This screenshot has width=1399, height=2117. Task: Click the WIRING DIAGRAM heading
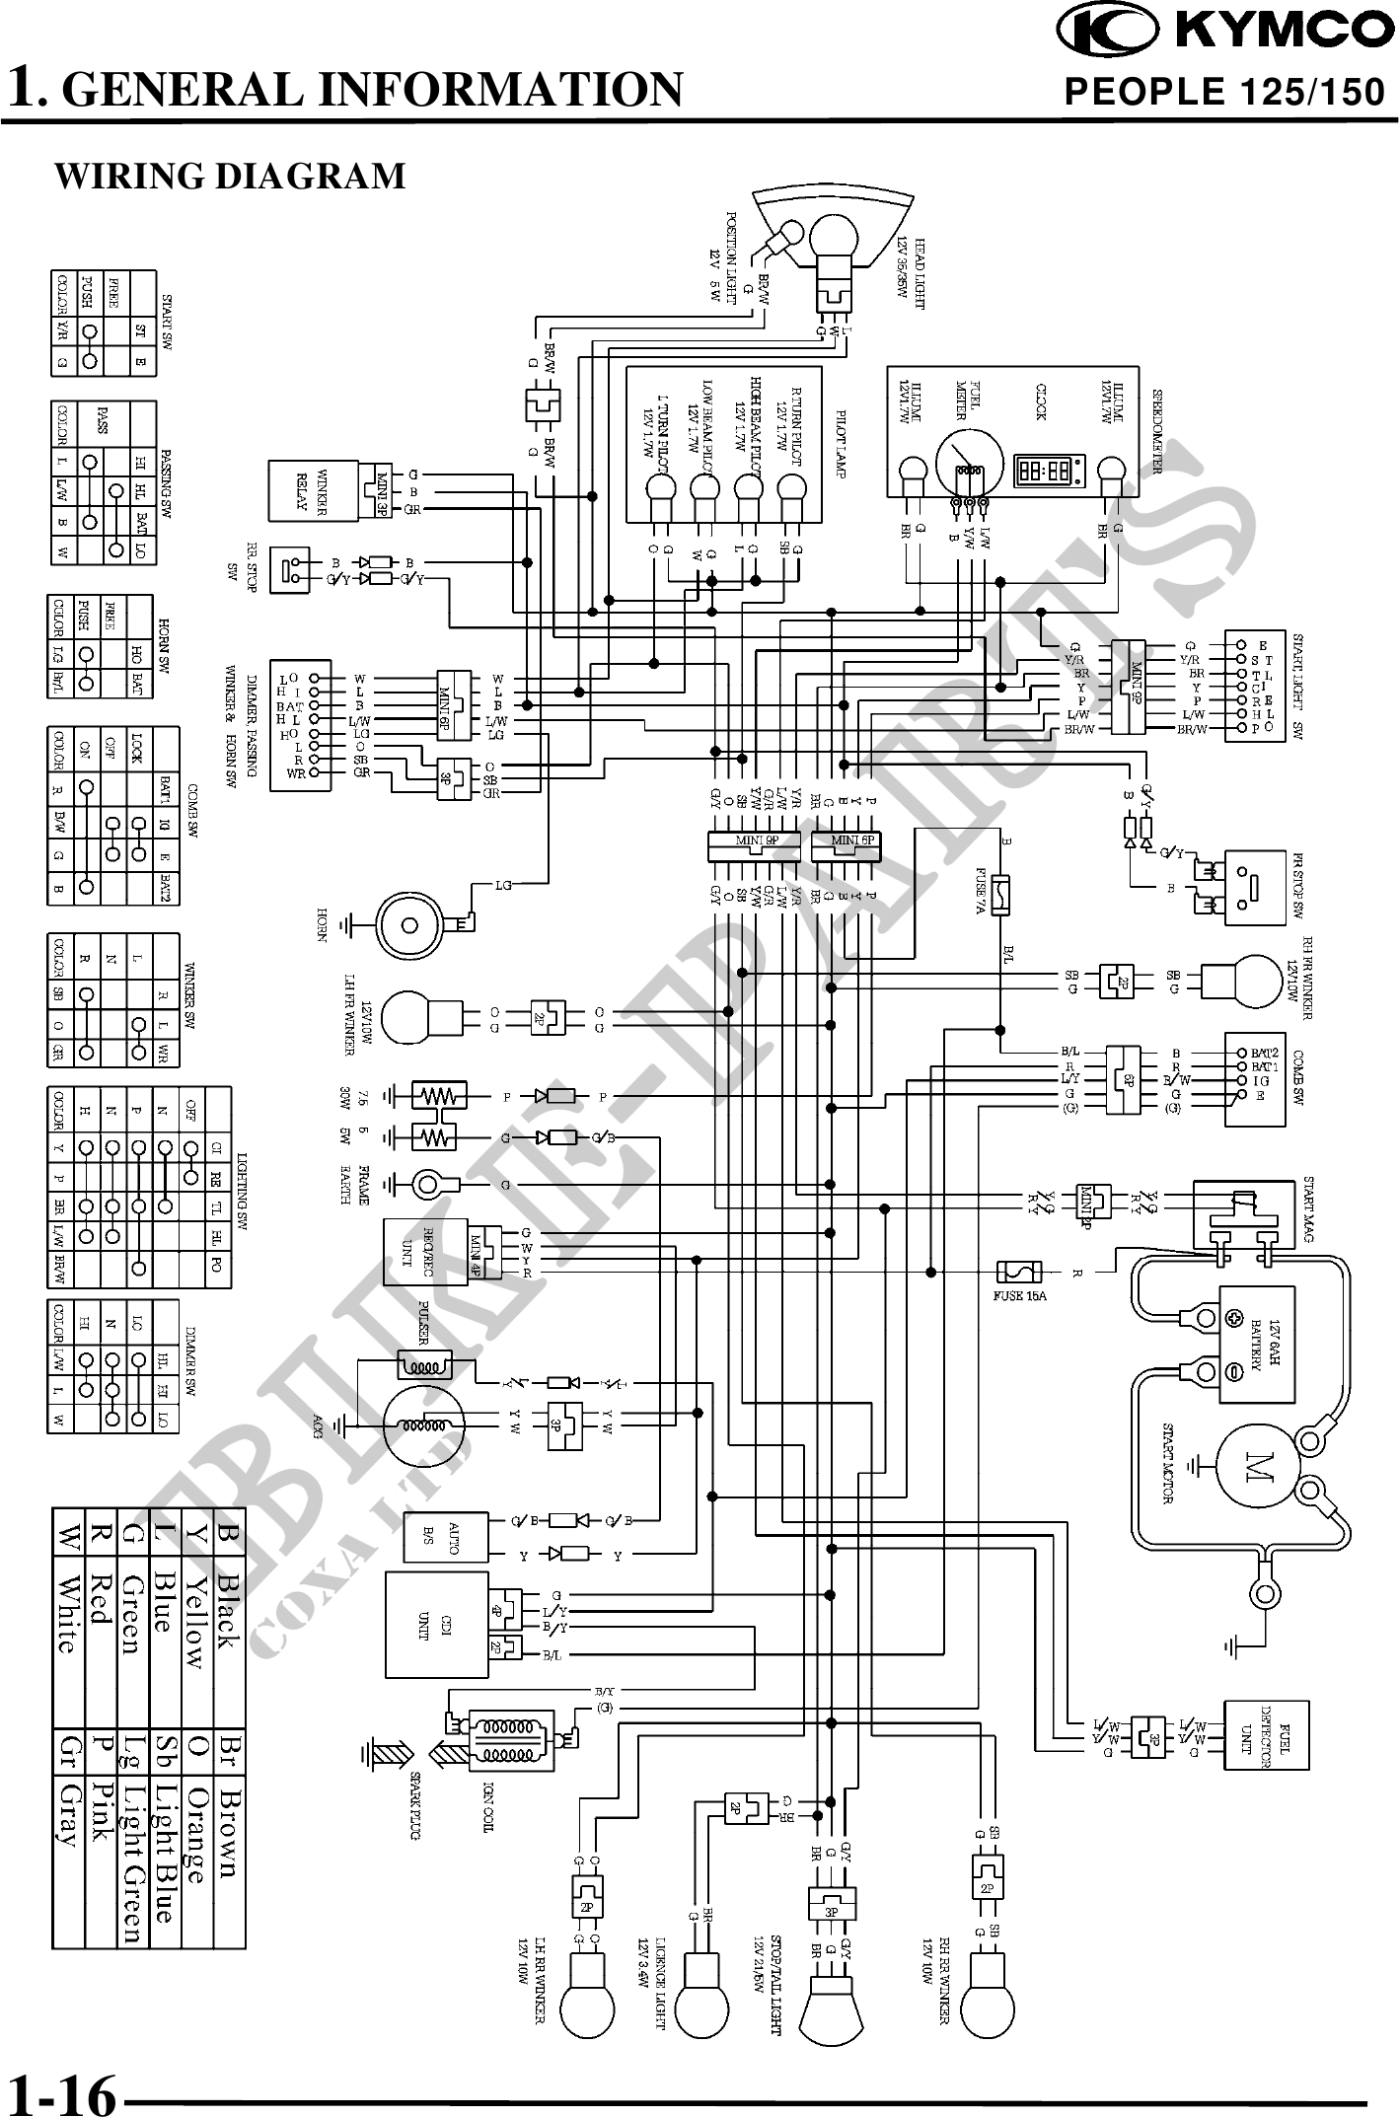pos(229,176)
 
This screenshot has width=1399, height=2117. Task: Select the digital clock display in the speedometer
pos(1049,471)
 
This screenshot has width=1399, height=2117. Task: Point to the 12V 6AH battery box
pos(1257,1344)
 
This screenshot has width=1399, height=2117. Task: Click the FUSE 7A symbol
pos(1003,893)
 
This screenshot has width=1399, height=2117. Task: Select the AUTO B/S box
pos(443,1535)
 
